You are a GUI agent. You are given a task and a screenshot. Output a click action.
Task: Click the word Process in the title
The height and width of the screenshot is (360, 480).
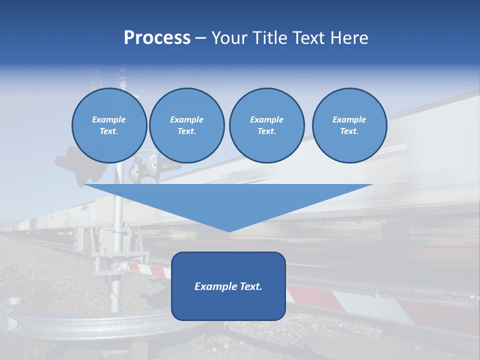[x=157, y=38]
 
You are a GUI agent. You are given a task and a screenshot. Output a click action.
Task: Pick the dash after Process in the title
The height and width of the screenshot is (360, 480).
[x=200, y=38]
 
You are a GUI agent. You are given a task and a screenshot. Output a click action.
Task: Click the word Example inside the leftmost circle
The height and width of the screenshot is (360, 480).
[x=108, y=119]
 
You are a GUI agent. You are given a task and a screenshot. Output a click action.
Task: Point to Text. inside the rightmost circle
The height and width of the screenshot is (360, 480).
[x=349, y=131]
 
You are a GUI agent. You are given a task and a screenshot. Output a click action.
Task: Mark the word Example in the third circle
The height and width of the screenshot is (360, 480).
[x=266, y=119]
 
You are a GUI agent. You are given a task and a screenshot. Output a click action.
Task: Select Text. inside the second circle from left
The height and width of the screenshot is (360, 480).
[x=186, y=131]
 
